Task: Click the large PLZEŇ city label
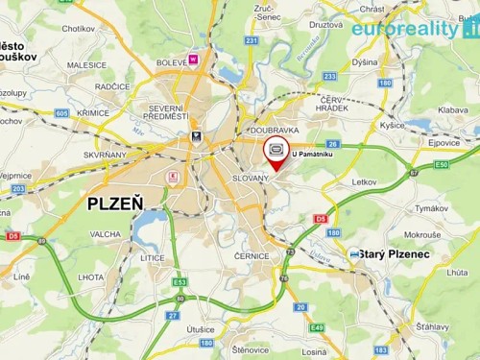click(114, 204)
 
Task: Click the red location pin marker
click(276, 156)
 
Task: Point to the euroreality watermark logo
click(414, 28)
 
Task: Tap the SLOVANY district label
click(252, 179)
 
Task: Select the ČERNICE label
click(252, 256)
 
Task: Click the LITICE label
click(152, 258)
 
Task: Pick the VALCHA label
click(105, 234)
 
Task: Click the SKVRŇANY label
click(106, 154)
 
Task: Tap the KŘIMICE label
click(93, 112)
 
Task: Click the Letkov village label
click(365, 180)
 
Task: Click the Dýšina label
click(365, 61)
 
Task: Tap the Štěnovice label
click(250, 349)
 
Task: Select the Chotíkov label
click(79, 29)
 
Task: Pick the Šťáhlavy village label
click(432, 326)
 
